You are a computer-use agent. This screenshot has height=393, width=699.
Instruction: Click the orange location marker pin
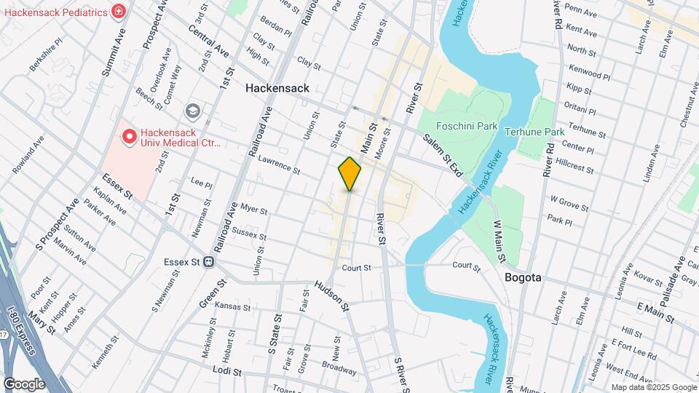[349, 173]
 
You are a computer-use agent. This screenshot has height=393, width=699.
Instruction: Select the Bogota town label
[523, 278]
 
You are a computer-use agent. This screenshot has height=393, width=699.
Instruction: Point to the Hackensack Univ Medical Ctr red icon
[130, 136]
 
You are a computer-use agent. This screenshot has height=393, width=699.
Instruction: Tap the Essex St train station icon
[209, 262]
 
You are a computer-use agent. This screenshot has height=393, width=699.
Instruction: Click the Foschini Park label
[467, 126]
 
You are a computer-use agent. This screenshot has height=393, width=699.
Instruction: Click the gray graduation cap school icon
[192, 111]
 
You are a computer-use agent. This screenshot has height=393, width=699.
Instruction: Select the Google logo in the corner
[24, 384]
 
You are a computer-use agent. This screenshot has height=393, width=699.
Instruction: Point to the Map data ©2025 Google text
[653, 387]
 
